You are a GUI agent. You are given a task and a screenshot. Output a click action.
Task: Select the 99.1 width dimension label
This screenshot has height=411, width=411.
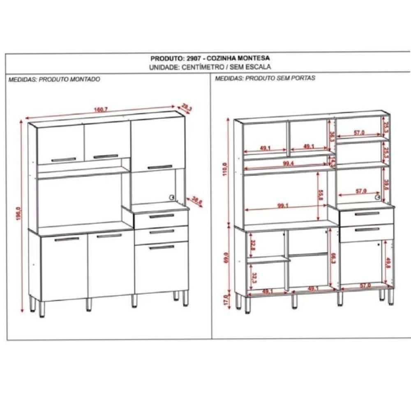pos(282,206)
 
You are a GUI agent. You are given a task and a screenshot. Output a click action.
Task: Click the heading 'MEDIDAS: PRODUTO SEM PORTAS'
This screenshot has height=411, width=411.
pos(265,78)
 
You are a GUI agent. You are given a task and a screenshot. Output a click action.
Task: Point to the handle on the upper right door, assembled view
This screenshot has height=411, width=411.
pos(160,167)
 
